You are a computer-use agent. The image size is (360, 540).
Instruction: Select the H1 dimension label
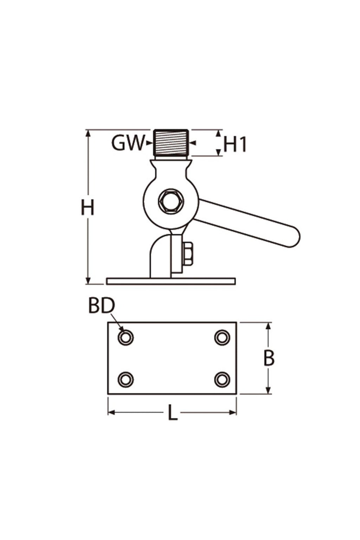click(235, 145)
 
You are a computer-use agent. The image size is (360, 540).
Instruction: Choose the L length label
click(172, 413)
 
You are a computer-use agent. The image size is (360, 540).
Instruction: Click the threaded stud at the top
click(171, 143)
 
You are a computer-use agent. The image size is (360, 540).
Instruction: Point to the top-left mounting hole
click(126, 337)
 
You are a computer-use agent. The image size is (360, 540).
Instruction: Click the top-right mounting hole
click(222, 337)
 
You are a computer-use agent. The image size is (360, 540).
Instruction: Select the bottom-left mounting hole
click(126, 380)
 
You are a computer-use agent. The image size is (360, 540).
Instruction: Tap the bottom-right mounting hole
click(222, 380)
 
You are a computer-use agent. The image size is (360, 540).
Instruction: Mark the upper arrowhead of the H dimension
click(88, 133)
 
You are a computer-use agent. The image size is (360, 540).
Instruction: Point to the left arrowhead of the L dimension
click(111, 412)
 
